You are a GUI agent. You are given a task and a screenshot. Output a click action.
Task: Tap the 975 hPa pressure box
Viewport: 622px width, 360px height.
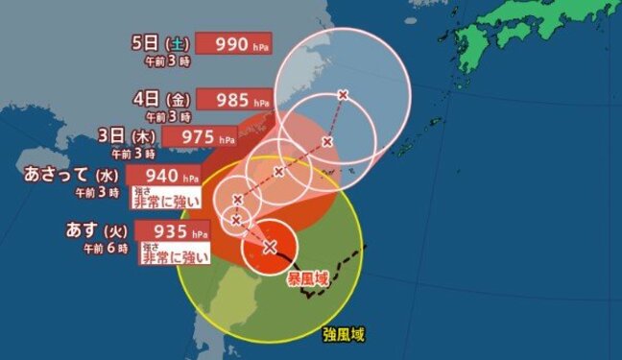click(x=201, y=136)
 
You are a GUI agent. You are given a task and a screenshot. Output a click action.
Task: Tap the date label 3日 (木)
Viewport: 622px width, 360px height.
click(x=127, y=135)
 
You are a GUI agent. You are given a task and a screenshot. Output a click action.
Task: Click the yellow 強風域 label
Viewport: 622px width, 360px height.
click(x=345, y=335)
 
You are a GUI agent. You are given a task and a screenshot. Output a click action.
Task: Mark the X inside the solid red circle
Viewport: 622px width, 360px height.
click(x=270, y=247)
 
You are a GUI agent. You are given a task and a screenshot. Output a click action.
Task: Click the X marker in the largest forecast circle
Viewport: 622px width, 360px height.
click(x=343, y=94)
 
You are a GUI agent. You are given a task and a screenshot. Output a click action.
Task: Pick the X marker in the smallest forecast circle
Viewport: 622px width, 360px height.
click(x=235, y=220)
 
